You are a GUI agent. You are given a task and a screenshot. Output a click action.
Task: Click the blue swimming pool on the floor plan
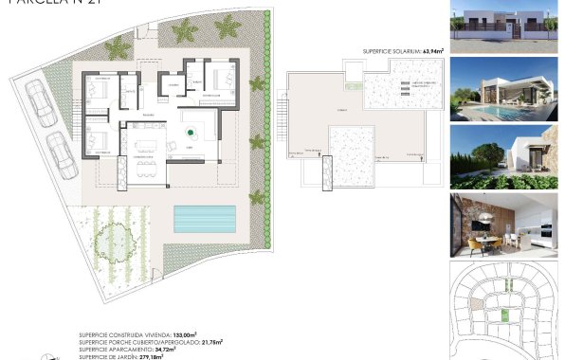pyautogui.click(x=204, y=220)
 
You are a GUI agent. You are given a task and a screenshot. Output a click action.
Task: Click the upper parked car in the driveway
pyautogui.click(x=39, y=98)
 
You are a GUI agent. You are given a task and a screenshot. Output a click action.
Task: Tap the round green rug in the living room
pyautogui.click(x=191, y=130)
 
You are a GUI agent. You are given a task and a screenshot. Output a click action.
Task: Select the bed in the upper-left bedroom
pyautogui.click(x=99, y=92)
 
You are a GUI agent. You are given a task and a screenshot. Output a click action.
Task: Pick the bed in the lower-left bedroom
pyautogui.click(x=98, y=140)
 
